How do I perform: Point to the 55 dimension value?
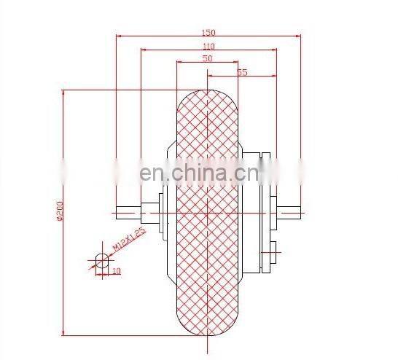pyautogui.click(x=242, y=72)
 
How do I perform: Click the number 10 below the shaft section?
pyautogui.click(x=116, y=270)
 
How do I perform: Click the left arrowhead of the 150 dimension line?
pyautogui.click(x=119, y=35)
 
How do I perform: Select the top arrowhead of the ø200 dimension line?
pyautogui.click(x=63, y=93)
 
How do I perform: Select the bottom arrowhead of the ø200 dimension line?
pyautogui.click(x=63, y=334)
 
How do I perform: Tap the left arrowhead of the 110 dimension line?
pyautogui.click(x=143, y=50)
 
